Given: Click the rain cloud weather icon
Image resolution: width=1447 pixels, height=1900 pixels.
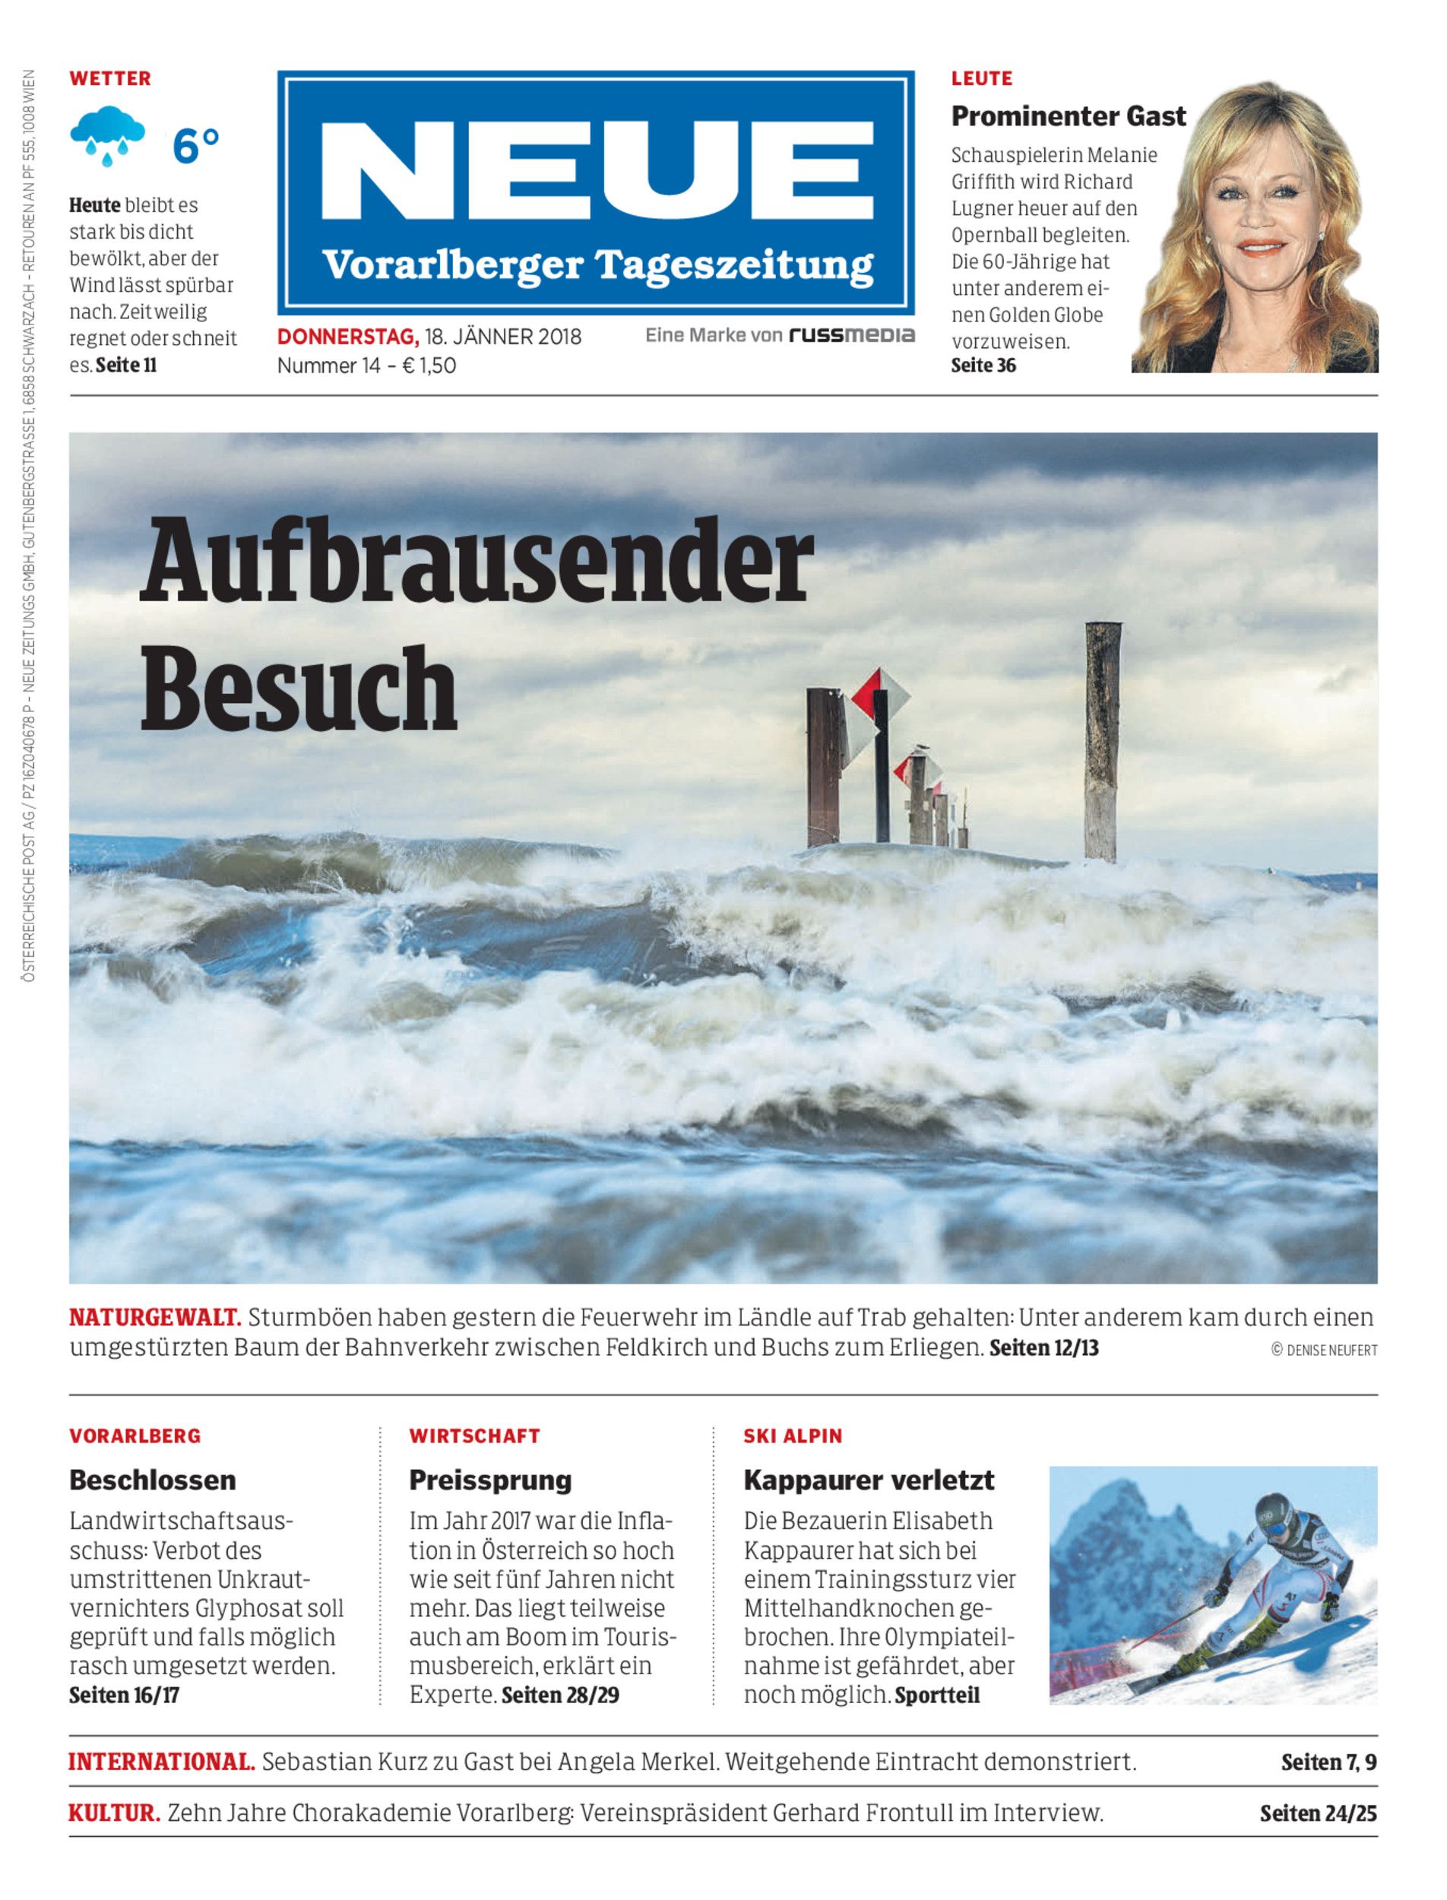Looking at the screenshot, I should point(108,136).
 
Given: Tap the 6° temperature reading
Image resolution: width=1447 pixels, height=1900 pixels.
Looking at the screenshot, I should point(195,146).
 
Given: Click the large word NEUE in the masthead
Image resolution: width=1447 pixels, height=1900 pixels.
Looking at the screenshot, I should point(595,175).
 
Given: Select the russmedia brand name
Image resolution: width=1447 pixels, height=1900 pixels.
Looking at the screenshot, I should point(852,335).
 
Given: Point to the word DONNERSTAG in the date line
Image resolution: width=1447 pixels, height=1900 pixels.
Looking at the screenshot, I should point(347,336).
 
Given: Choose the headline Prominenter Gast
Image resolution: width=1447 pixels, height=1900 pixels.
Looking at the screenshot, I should point(1068,116).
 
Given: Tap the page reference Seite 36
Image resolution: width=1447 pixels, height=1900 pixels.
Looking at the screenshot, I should point(983,366).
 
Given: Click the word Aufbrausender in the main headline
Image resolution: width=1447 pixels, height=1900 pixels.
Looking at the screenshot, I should point(477,562).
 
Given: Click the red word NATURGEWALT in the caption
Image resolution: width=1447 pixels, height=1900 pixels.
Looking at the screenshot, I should point(154,1318).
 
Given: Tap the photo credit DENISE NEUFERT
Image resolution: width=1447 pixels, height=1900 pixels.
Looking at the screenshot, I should point(1331,1351).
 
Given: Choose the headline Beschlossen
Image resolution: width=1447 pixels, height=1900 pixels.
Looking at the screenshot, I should point(153,1480).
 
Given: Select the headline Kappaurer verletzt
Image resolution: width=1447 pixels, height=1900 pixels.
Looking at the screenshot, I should point(868,1480).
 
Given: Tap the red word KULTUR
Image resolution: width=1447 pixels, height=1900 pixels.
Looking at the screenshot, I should point(114,1813).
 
